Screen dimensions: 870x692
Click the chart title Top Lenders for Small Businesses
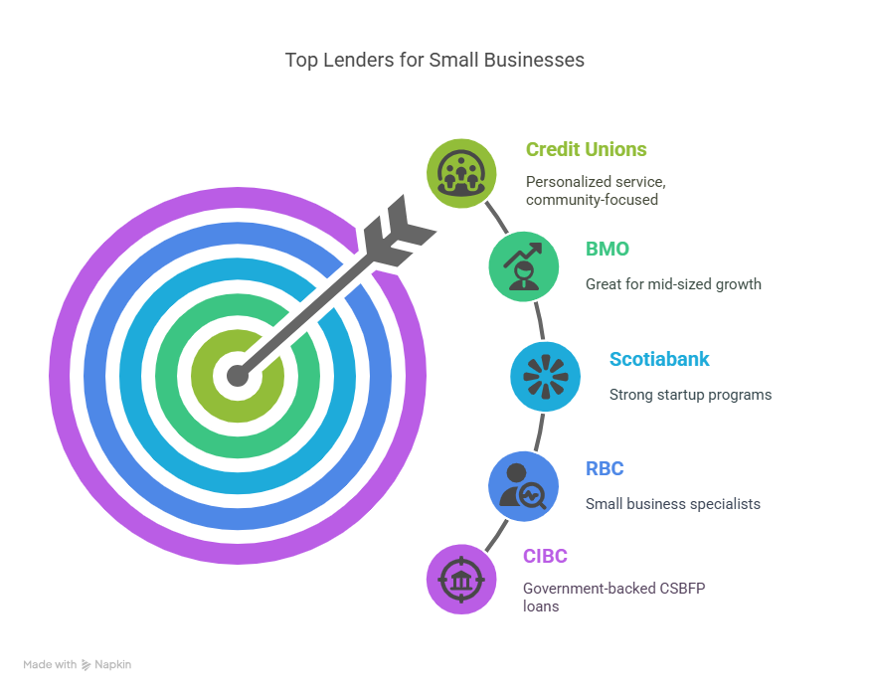[435, 60]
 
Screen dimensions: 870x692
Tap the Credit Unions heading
[586, 149]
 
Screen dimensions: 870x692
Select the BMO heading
[607, 250]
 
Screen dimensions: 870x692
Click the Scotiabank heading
[659, 359]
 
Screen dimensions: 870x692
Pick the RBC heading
[605, 469]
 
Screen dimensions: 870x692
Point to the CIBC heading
[545, 556]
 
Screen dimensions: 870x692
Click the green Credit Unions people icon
[461, 174]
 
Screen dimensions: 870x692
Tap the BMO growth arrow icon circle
[523, 266]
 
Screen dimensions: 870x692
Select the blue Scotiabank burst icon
[545, 376]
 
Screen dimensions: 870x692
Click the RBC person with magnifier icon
[523, 486]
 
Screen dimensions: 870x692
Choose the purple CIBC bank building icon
[461, 580]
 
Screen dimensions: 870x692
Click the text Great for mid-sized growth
[673, 284]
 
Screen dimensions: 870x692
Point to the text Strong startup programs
[690, 395]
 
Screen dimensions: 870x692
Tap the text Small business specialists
[673, 504]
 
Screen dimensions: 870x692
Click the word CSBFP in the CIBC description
[682, 589]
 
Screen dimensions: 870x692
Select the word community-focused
[592, 200]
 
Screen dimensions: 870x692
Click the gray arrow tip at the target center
[238, 376]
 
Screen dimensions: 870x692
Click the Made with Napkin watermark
[78, 664]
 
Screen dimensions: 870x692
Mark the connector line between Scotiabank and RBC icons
[539, 432]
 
